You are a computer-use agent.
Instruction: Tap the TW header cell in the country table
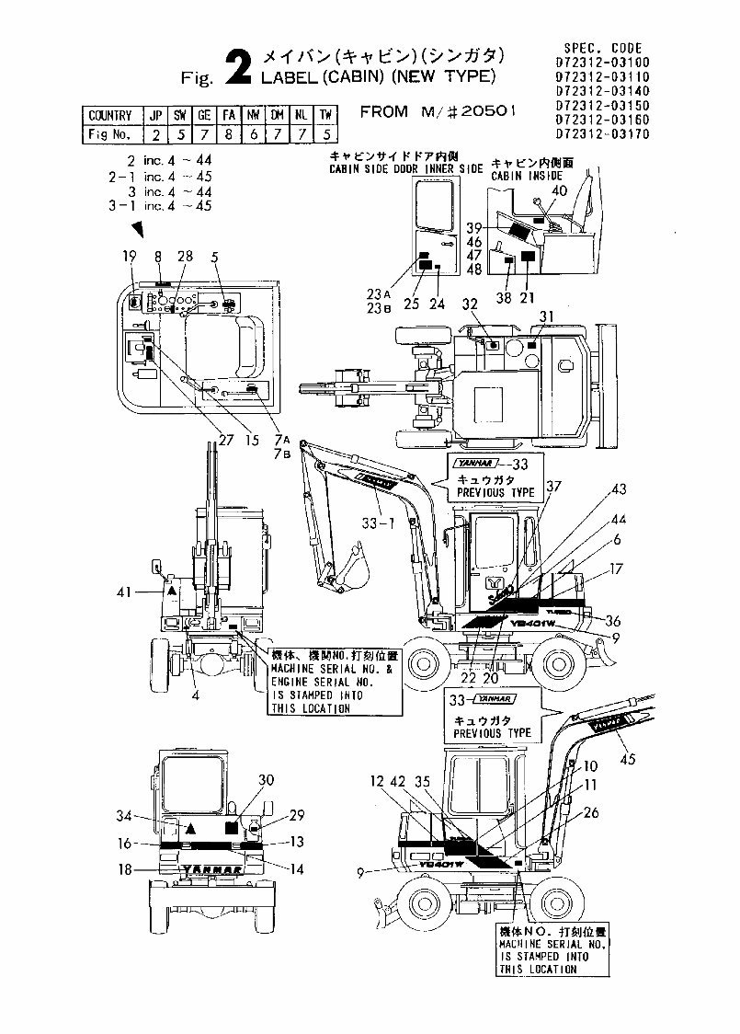point(324,116)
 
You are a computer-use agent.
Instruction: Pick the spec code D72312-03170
point(603,133)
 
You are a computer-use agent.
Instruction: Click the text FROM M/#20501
point(438,112)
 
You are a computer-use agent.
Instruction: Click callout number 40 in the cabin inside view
point(559,190)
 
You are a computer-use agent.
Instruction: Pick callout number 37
point(552,486)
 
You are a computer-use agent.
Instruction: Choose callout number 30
point(267,779)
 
